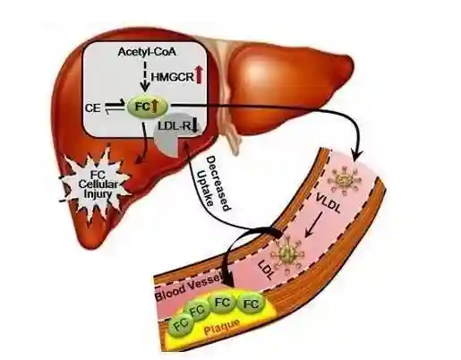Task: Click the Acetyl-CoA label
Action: (147, 52)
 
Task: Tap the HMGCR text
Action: (172, 77)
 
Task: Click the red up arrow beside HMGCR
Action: (199, 74)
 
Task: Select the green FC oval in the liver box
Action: (148, 107)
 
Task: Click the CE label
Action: (93, 107)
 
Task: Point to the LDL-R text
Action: (175, 126)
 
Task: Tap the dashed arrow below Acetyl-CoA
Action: (145, 76)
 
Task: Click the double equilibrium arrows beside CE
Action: (115, 107)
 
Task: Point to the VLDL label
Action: (329, 203)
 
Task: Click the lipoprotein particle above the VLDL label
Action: (345, 180)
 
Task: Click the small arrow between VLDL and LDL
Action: (313, 225)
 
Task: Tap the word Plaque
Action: (222, 327)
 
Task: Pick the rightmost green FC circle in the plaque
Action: (251, 304)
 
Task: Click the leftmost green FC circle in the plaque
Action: (182, 324)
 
